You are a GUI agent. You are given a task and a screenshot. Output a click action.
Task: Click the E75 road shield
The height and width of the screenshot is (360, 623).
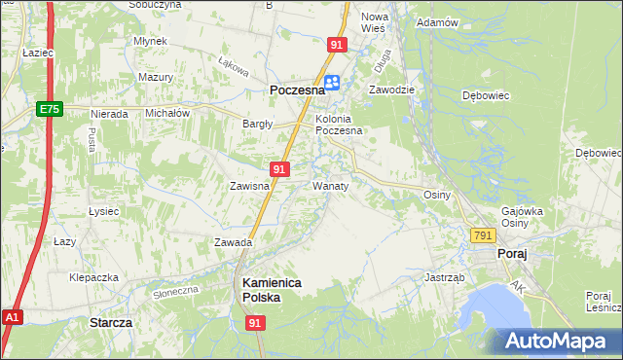(x=51, y=110)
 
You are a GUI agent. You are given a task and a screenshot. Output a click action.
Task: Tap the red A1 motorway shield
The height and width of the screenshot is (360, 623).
(x=12, y=317)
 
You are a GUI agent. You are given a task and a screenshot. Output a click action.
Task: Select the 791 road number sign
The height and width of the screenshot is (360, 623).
(x=483, y=235)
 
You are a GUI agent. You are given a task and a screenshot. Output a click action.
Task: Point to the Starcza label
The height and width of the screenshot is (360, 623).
(x=110, y=321)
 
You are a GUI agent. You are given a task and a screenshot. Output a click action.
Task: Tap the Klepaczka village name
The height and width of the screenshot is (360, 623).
(x=93, y=277)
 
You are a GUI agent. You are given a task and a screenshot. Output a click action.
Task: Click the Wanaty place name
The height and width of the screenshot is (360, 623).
(x=330, y=185)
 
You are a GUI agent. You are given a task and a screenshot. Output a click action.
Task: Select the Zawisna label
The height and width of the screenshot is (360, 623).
(x=248, y=186)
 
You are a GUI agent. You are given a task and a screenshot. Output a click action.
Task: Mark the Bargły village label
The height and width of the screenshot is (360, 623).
(x=258, y=124)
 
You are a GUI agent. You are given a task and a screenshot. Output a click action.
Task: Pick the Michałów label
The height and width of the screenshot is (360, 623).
(x=167, y=113)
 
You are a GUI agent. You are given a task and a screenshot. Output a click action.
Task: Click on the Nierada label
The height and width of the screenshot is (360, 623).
(x=109, y=114)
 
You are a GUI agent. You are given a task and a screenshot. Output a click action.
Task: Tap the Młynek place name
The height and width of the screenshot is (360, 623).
(x=152, y=42)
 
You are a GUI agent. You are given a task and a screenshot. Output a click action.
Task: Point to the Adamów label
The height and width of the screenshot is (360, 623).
(x=436, y=22)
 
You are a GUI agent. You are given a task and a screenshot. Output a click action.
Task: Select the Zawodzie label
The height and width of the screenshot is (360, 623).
(x=391, y=90)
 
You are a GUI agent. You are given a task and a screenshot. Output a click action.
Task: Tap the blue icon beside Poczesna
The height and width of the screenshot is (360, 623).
(x=332, y=84)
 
